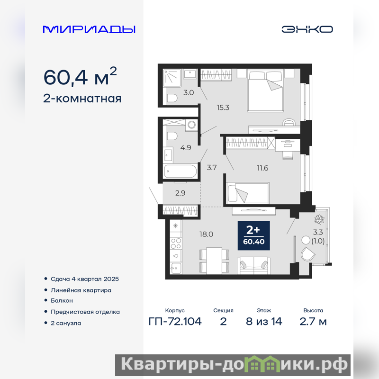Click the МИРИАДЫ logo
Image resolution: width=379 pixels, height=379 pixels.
click(89, 29)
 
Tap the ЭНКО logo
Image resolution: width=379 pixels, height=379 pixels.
click(307, 29)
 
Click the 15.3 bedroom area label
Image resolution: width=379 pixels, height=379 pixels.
click(223, 108)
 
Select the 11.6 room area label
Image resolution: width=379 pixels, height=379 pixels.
click(262, 168)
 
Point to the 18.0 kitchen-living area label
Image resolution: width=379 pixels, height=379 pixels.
click(206, 234)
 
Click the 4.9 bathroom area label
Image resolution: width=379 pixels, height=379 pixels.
click(186, 147)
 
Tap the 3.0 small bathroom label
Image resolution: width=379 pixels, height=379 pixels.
click(189, 92)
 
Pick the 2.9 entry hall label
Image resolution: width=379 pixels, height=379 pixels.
click(180, 193)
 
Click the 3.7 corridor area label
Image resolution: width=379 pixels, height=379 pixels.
click(211, 167)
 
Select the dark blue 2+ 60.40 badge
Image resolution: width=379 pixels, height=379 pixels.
click(254, 235)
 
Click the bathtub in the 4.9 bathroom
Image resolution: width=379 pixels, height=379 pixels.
click(180, 171)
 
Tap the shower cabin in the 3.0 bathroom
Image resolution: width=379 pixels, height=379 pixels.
click(172, 78)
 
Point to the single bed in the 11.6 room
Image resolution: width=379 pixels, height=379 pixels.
click(248, 193)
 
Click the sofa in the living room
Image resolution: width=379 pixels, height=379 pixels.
click(253, 265)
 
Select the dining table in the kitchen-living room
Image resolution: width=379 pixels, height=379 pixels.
click(214, 261)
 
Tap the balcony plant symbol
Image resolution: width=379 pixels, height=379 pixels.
click(319, 219)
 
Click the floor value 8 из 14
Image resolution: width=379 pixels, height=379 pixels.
click(264, 322)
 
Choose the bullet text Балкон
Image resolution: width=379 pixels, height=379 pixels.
click(62, 300)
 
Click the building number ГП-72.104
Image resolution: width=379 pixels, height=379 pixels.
click(175, 322)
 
